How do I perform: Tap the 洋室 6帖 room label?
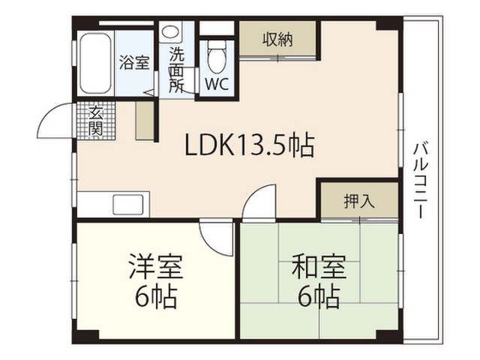[156, 281]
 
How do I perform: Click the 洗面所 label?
[176, 70]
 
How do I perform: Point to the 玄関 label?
[97, 121]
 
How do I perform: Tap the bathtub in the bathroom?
[94, 64]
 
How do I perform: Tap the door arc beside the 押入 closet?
[261, 202]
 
